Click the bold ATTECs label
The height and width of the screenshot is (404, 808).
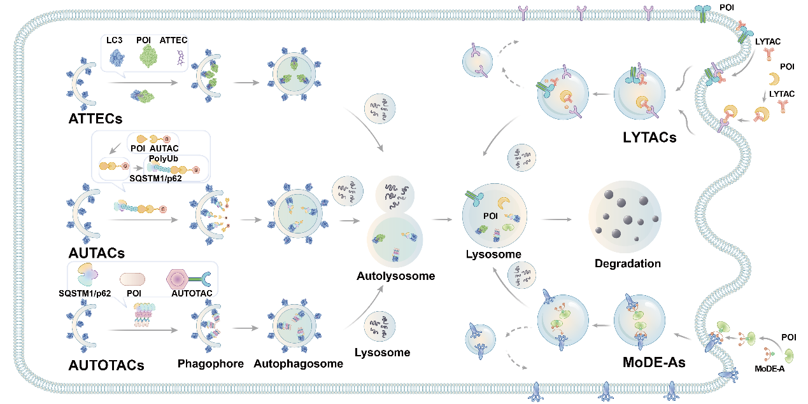96,118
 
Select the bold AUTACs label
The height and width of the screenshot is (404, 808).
97,253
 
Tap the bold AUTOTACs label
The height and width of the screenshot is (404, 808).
106,366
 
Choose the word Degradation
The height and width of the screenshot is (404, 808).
627,263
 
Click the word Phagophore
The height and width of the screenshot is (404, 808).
210,364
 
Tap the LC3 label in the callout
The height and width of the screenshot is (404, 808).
115,40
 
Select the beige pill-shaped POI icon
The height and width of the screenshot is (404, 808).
132,279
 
